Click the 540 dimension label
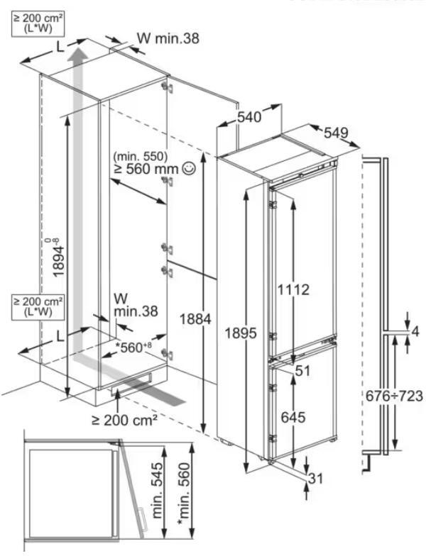pyautogui.click(x=249, y=116)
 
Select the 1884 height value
pyautogui.click(x=195, y=319)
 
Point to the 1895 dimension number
pyautogui.click(x=240, y=333)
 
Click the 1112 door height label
pyautogui.click(x=293, y=289)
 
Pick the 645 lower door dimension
pyautogui.click(x=293, y=417)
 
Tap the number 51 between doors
pyautogui.click(x=302, y=371)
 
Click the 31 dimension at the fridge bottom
pyautogui.click(x=315, y=478)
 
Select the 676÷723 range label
pyautogui.click(x=395, y=396)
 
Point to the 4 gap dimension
pyautogui.click(x=415, y=331)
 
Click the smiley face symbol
pyautogui.click(x=188, y=169)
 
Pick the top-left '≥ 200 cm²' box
pyautogui.click(x=38, y=23)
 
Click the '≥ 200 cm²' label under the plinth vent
pyautogui.click(x=125, y=420)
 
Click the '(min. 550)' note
pyautogui.click(x=141, y=156)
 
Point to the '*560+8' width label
pyautogui.click(x=133, y=347)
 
